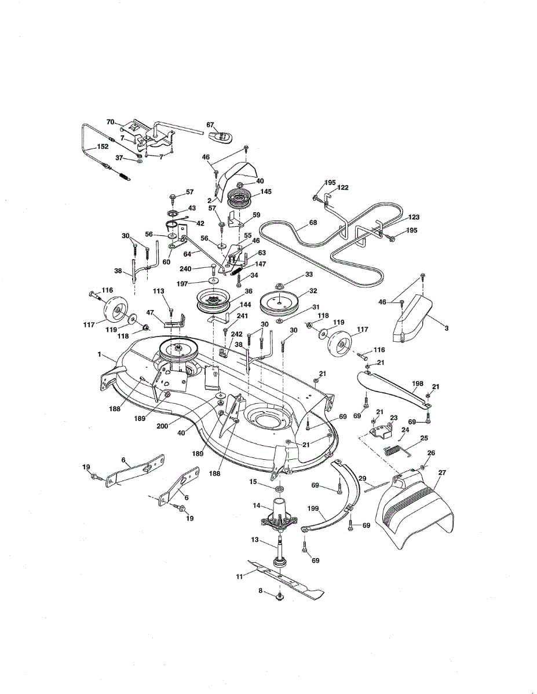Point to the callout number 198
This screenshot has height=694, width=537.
pos(417,383)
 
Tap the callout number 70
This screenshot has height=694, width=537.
pos(111,122)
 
